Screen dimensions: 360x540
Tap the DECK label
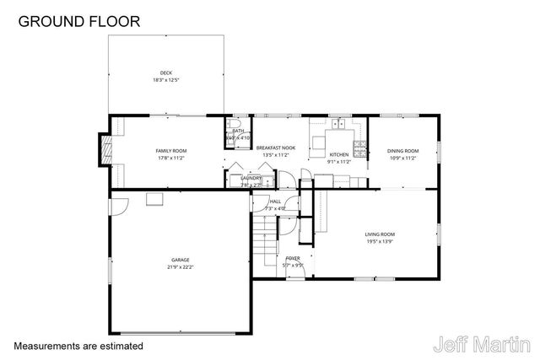[166, 73]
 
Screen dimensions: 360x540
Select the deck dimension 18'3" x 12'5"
[166, 80]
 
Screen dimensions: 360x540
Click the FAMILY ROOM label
[170, 151]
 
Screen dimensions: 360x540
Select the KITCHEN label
[338, 155]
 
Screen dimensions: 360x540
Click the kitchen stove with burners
[359, 149]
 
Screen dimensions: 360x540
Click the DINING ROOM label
[402, 151]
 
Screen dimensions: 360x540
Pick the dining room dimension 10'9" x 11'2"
[402, 158]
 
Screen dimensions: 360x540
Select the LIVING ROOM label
[380, 234]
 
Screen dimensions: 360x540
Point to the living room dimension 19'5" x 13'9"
[380, 242]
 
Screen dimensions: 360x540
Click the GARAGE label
[180, 260]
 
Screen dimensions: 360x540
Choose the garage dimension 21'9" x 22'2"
[180, 267]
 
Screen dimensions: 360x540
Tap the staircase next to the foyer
[266, 234]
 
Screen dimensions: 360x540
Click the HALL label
[275, 201]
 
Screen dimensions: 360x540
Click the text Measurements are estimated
[78, 346]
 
